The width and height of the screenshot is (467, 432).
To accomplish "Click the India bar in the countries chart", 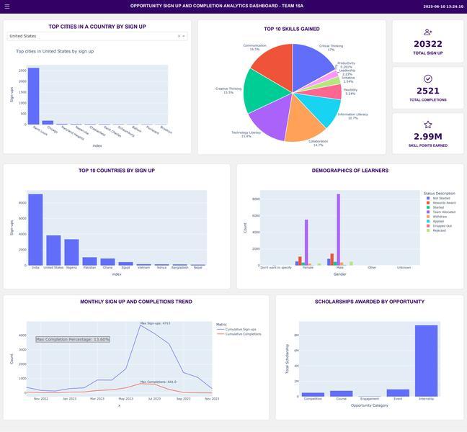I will (x=35, y=230).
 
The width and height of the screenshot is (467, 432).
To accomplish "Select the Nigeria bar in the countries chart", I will (x=71, y=252).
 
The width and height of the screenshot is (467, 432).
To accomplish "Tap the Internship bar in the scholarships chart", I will (x=426, y=361).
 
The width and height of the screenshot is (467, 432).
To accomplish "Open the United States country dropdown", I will (x=97, y=35).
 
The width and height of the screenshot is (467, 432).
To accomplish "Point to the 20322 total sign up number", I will (x=428, y=44).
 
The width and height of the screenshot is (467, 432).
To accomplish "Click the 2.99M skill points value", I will (x=428, y=136).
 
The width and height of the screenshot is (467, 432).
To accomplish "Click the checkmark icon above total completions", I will (x=428, y=78).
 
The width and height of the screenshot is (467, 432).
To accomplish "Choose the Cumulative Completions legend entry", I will (x=243, y=334).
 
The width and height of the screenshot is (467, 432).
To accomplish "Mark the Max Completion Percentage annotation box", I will (x=73, y=339).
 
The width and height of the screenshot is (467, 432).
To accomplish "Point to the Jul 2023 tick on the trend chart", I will (x=154, y=398).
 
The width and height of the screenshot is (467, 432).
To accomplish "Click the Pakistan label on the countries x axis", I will (x=89, y=267).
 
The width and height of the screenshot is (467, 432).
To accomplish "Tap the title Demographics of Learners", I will (x=350, y=171).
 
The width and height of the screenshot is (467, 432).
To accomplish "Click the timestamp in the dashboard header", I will (x=442, y=6).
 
